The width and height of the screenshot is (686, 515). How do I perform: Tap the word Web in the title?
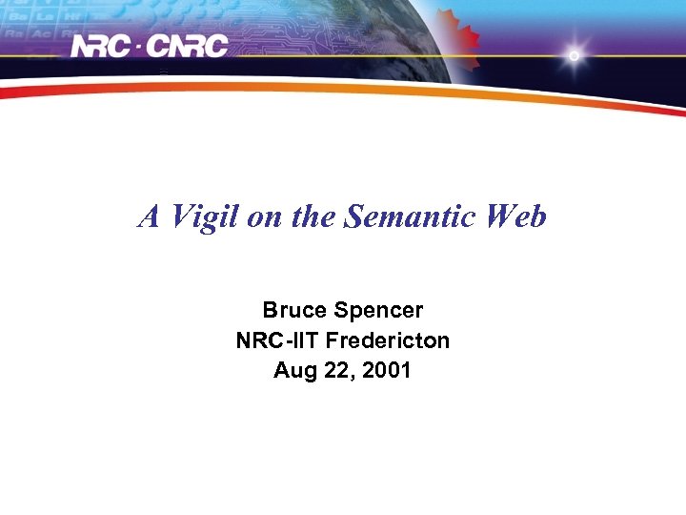(515, 217)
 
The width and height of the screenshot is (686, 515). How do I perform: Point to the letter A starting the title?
(149, 217)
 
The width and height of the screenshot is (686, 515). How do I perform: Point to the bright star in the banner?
(574, 55)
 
